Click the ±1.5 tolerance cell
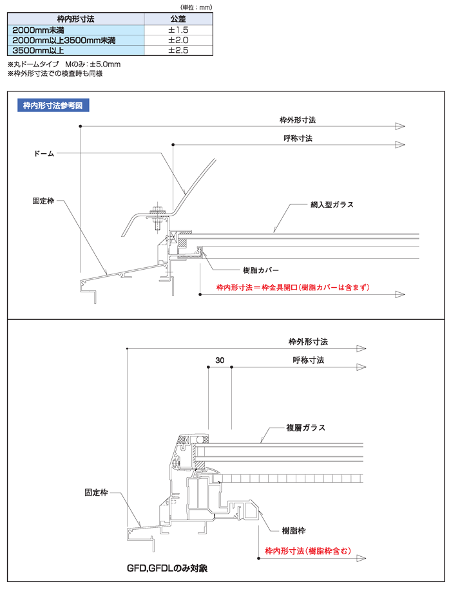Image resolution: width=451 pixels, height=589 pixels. (x=178, y=30)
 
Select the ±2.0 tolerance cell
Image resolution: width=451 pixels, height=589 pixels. (x=178, y=40)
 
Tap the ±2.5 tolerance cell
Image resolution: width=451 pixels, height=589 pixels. (x=178, y=50)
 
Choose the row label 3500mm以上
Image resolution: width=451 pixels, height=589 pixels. (x=38, y=50)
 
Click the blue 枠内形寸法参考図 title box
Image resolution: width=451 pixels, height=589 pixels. (x=53, y=106)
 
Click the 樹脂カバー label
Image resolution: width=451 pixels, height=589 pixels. (x=261, y=270)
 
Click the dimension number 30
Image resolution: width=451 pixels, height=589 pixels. (x=220, y=361)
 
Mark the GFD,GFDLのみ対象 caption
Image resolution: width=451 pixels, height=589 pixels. (x=167, y=569)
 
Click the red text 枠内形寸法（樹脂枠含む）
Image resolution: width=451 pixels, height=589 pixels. (x=307, y=551)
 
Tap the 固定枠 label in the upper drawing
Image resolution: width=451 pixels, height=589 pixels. (x=43, y=201)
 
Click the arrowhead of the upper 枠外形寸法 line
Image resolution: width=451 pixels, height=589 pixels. (x=399, y=126)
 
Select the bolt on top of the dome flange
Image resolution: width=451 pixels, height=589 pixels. (x=157, y=210)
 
